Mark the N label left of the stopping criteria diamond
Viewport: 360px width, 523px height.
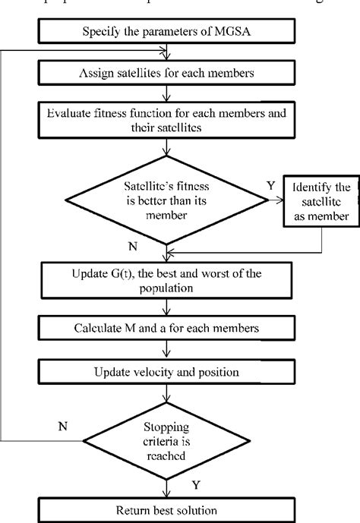(63, 425)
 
